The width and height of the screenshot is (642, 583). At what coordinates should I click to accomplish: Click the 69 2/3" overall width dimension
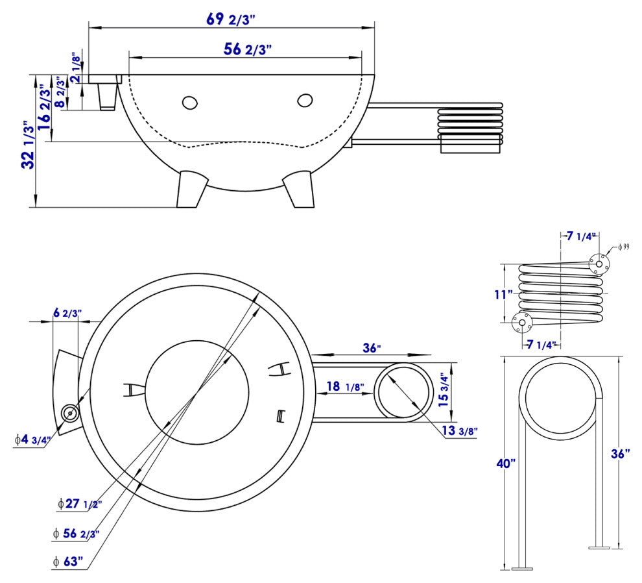click(x=231, y=18)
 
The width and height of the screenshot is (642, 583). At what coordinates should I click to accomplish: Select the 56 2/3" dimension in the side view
click(x=247, y=49)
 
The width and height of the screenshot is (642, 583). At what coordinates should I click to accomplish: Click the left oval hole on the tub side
click(x=190, y=103)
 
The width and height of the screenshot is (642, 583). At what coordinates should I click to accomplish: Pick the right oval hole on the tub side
click(x=305, y=100)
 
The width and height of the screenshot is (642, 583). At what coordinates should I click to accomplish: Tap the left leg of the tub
click(x=193, y=189)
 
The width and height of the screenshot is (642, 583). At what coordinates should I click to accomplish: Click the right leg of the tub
click(x=298, y=189)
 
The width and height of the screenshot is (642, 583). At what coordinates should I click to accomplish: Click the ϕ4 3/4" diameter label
click(x=32, y=440)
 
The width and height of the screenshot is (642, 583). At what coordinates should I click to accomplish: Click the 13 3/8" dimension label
click(x=458, y=430)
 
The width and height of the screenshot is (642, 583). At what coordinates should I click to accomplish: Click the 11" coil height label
click(x=503, y=294)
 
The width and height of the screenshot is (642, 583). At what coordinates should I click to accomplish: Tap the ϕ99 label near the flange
click(x=624, y=247)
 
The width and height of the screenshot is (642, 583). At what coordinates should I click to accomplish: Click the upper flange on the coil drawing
click(x=599, y=262)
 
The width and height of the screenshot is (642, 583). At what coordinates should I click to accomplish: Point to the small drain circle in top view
click(x=69, y=413)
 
